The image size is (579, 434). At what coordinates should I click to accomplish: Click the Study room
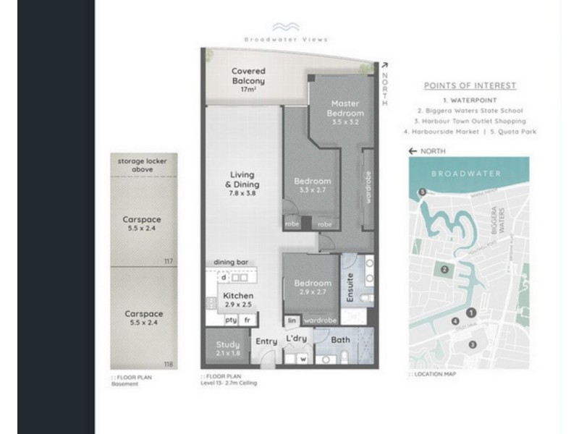click(x=228, y=349)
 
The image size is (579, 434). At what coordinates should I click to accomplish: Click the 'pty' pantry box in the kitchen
click(x=231, y=319)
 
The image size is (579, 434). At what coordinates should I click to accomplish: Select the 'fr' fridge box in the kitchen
click(x=248, y=319)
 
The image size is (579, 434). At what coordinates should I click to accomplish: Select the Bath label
click(x=340, y=340)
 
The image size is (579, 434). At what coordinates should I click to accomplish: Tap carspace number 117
click(x=169, y=262)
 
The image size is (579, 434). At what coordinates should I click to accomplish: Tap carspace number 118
click(x=169, y=365)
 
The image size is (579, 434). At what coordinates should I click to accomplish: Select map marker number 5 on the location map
click(x=422, y=192)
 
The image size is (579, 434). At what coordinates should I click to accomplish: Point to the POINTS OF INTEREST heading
click(x=470, y=85)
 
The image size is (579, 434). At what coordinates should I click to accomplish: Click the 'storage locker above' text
click(x=143, y=166)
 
